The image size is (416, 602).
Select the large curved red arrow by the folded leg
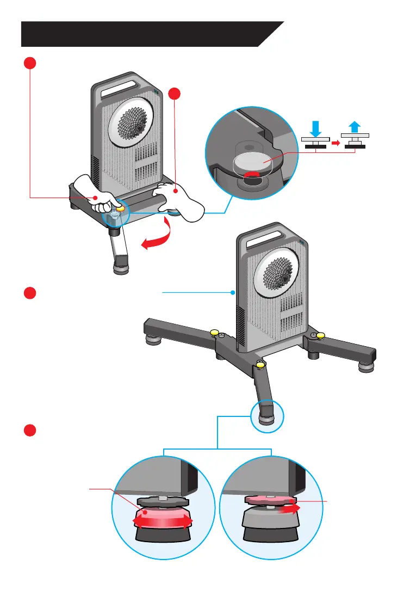(x=158, y=239)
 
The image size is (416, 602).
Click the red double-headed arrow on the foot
(x=163, y=522)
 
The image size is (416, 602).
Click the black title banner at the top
(x=147, y=34)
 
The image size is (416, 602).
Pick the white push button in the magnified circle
(x=251, y=162)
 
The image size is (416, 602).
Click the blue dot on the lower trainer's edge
(x=233, y=292)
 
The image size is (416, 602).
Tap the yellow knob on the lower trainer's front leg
(x=260, y=363)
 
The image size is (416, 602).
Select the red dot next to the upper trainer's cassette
(x=174, y=94)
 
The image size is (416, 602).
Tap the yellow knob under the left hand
(x=120, y=207)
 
